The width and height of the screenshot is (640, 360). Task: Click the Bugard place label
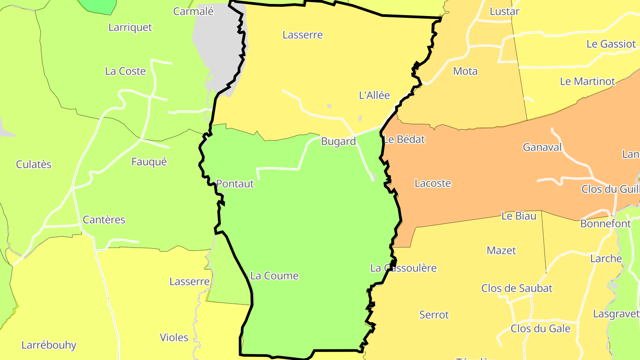pos(338,142)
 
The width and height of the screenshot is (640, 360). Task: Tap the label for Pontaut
pos(235,184)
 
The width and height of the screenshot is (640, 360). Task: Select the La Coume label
pos(274,276)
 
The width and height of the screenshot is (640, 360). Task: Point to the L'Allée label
pos(374,95)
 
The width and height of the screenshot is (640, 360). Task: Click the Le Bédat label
pos(404,140)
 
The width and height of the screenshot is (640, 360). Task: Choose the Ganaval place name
pos(542,148)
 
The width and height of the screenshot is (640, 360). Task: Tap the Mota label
pos(465,71)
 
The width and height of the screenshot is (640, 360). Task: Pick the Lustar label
pos(504,12)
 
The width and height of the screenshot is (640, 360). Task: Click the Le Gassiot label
pos(611,44)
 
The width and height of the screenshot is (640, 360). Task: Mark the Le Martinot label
pos(588,82)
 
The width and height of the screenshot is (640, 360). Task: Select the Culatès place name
pos(34,164)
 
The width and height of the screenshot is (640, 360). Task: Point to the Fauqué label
pos(149,162)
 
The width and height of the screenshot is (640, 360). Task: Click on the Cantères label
pos(104,220)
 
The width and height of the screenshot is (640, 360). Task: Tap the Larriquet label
pos(130,28)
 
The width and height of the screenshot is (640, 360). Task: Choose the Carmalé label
pos(193,12)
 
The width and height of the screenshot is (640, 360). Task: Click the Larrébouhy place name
pos(49,345)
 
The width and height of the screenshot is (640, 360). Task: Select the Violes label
pos(174,338)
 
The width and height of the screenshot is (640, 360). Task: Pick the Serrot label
pos(434,315)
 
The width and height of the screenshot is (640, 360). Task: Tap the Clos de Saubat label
pos(517,288)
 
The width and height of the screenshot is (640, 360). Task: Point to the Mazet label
pos(501,251)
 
